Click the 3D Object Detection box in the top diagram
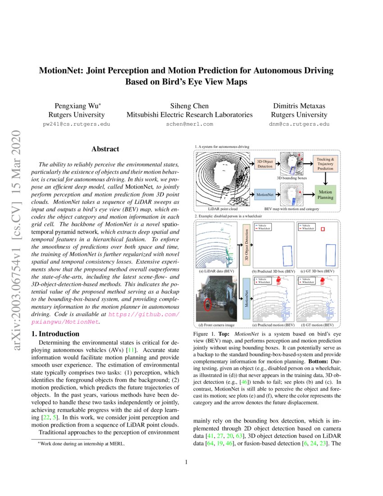pos(264,164)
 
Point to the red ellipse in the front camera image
pos(207,305)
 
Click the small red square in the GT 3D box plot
pos(322,230)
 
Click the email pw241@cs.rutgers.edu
pos(76,124)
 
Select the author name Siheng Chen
pos(189,106)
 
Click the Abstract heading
pos(105,149)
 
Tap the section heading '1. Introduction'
pos(54,334)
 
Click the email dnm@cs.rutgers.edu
pos(299,124)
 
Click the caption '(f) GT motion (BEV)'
pos(317,325)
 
